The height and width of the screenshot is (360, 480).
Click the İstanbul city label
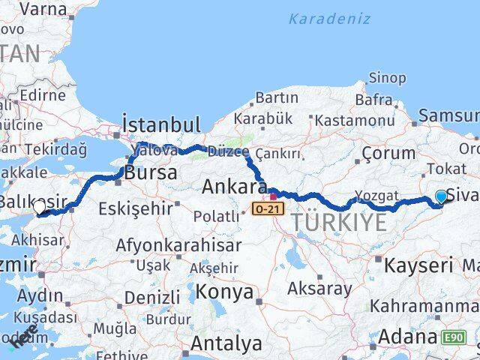coord(160,124)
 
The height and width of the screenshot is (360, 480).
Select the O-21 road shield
coord(267,207)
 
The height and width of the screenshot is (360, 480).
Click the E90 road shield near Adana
coord(454,337)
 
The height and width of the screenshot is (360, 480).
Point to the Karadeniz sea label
coord(329,19)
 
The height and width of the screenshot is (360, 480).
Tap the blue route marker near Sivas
coord(441,197)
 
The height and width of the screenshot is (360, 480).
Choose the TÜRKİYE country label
coord(339,222)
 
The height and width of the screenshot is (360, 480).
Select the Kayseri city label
coord(418,265)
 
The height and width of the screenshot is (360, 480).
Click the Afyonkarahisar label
coord(178,245)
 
